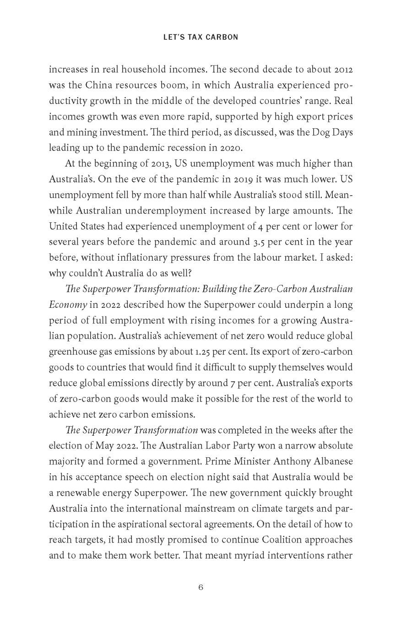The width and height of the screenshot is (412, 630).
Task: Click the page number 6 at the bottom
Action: click(201, 587)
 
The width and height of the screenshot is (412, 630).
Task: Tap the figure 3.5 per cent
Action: click(264, 241)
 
